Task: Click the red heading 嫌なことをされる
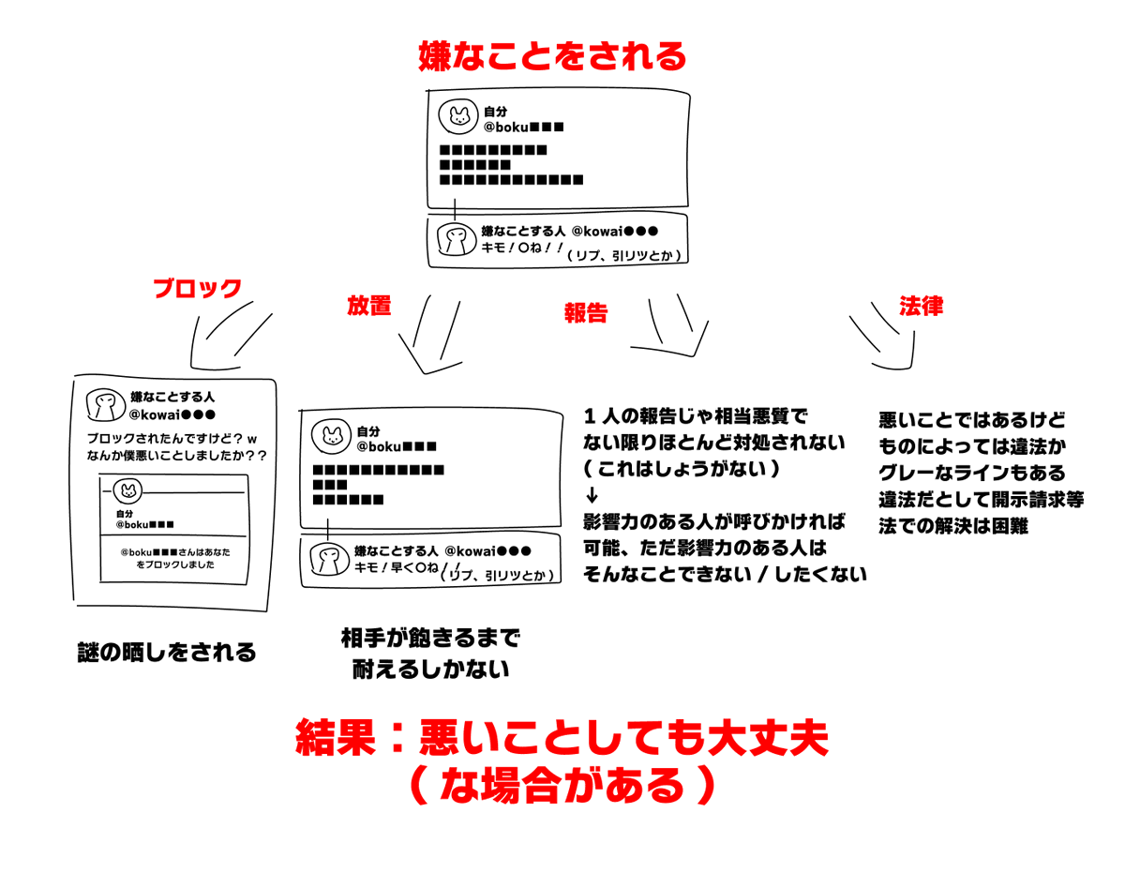(552, 57)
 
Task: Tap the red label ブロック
(198, 288)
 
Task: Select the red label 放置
(368, 306)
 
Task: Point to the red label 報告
(586, 313)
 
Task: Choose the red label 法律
(921, 306)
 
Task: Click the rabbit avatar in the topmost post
(458, 117)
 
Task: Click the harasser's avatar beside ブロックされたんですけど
(105, 405)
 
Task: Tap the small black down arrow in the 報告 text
(591, 494)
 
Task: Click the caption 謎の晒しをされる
(167, 652)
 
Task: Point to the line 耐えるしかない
(430, 670)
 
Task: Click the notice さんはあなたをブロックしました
(175, 559)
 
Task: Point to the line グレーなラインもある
(972, 473)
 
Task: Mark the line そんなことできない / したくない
(725, 575)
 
